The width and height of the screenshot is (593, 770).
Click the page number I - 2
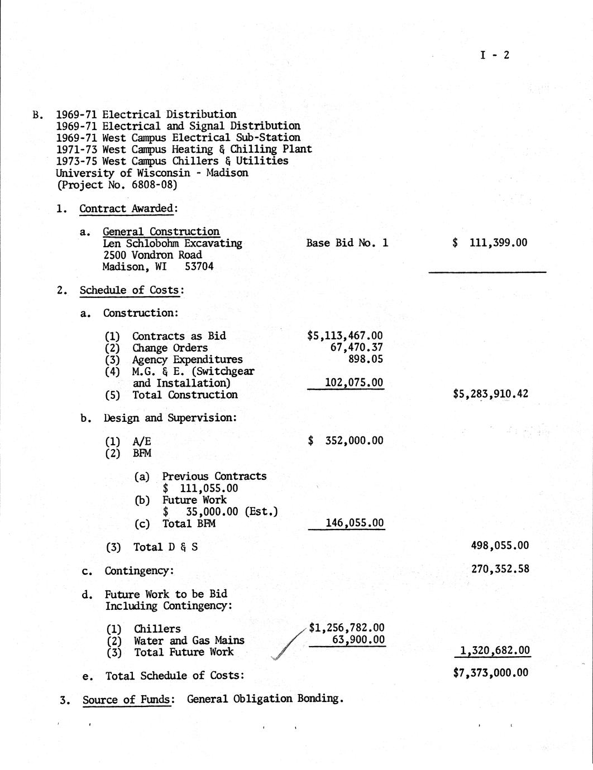click(495, 55)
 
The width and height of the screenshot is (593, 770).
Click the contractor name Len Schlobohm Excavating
click(173, 243)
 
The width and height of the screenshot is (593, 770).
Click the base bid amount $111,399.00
click(490, 243)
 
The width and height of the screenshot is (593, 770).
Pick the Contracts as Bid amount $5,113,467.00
click(345, 335)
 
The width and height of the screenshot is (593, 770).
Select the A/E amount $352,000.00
click(346, 441)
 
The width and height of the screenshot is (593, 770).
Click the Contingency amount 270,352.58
click(500, 570)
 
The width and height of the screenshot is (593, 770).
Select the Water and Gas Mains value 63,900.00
click(358, 639)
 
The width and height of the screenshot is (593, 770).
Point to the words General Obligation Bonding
click(264, 699)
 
